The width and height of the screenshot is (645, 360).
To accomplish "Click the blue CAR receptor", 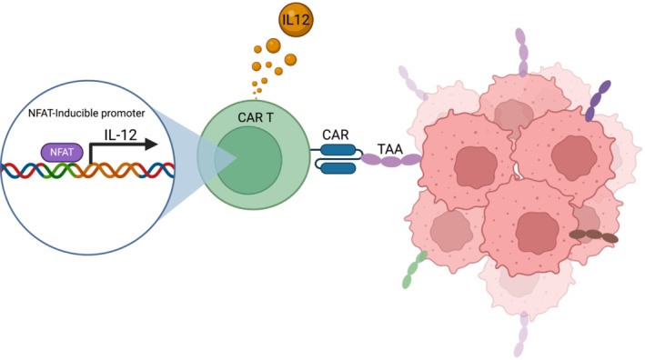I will click(x=338, y=160).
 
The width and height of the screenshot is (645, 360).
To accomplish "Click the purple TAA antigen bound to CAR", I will click(x=392, y=161).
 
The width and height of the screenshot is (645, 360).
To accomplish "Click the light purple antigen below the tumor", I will click(x=522, y=332).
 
